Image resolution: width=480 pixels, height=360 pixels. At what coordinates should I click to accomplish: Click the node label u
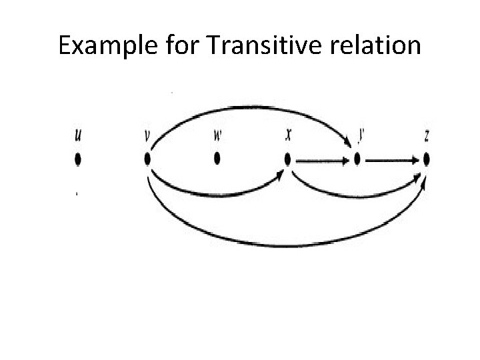point(79,135)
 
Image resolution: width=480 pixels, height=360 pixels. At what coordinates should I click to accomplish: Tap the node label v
point(147,135)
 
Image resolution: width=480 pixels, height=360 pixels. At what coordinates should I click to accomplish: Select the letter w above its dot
point(217,135)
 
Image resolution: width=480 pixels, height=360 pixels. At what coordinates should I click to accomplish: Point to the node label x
point(288,135)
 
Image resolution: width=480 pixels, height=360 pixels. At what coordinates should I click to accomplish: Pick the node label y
point(361,135)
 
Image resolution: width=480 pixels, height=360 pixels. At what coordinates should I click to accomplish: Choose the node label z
point(427,136)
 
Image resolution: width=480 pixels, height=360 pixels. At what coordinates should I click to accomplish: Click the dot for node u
point(78,159)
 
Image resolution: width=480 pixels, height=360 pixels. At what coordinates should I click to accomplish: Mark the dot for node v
point(147,159)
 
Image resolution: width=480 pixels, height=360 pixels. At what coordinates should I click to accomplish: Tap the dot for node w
point(217,159)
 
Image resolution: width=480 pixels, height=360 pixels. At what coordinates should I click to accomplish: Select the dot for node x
point(287,160)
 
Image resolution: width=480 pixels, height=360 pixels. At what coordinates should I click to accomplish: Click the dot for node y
point(357,160)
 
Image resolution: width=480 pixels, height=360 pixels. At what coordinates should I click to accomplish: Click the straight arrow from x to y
point(321,161)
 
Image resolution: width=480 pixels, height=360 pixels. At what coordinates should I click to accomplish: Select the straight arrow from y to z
point(392,161)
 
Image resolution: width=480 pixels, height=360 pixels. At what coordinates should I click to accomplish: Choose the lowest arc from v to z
point(280,246)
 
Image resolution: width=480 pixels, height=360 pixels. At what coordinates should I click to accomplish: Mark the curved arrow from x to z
point(357,195)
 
